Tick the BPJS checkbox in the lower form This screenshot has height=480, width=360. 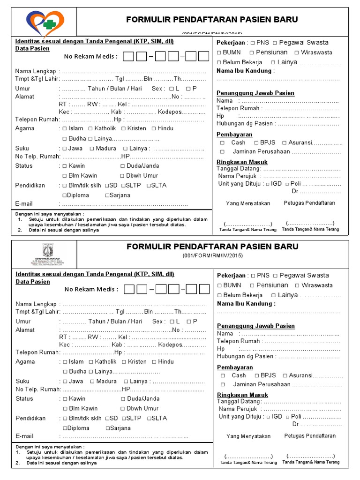click(257, 375)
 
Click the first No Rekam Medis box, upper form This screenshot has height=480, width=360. click(129, 57)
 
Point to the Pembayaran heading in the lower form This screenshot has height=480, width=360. click(235, 367)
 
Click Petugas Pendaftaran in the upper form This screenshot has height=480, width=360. click(309, 203)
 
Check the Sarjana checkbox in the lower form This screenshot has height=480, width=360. click(108, 428)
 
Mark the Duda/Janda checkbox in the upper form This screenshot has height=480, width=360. click(123, 166)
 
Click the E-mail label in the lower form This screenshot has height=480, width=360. click(24, 436)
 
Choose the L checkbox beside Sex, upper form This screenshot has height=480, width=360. click(172, 89)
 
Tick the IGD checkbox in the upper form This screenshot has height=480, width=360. click(268, 184)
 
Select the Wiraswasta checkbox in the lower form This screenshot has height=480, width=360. click(297, 285)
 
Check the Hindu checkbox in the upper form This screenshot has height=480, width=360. click(153, 128)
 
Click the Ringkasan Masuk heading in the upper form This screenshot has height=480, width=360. click(242, 162)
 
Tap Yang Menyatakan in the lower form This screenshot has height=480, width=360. click(248, 436)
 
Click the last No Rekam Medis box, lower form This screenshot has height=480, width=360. click(203, 289)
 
